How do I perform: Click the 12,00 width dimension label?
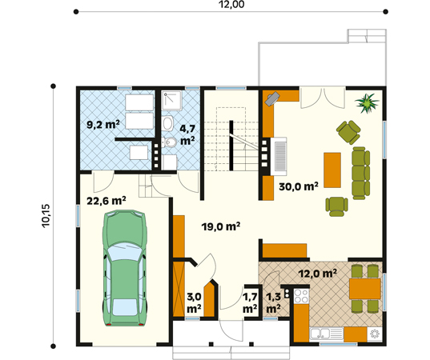click(x=231, y=4)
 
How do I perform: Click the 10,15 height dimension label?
click(x=46, y=215)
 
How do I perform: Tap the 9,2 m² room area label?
click(x=103, y=125)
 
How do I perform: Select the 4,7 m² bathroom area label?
click(x=188, y=134)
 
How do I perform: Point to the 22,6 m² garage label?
click(x=106, y=201)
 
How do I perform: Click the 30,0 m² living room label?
click(x=299, y=186)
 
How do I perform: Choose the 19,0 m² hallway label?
click(x=221, y=226)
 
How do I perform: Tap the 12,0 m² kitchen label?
click(x=318, y=273)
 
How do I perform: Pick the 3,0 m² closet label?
click(x=194, y=302)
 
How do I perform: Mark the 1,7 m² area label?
click(x=250, y=302)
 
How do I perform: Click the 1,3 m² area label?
click(x=273, y=302)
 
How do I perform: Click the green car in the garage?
click(x=125, y=268)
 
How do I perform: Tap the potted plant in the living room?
click(x=367, y=102)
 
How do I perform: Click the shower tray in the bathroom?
click(x=171, y=101)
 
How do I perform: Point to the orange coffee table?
click(x=332, y=170)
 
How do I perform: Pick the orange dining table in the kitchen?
click(x=364, y=289)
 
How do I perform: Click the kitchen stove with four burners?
click(x=301, y=296)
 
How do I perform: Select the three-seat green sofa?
click(x=361, y=173)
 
